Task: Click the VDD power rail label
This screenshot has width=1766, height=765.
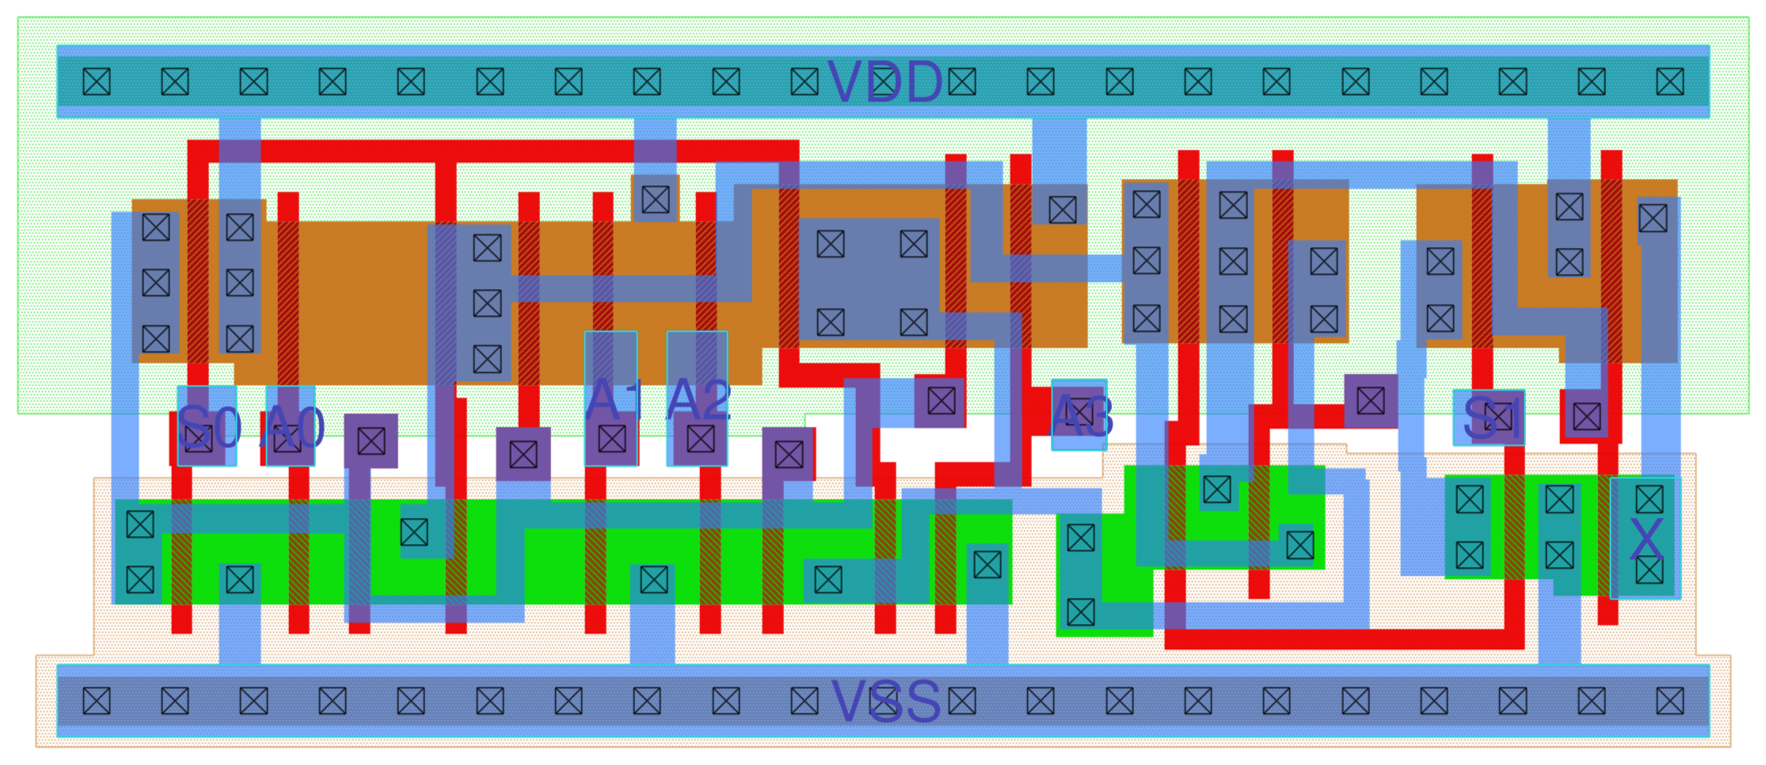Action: pyautogui.click(x=885, y=82)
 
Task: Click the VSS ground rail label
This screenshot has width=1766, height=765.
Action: pyautogui.click(x=885, y=702)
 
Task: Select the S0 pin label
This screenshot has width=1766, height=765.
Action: pyautogui.click(x=207, y=427)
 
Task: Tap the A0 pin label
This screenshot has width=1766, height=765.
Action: pyautogui.click(x=293, y=427)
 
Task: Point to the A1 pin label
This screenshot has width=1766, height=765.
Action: pyautogui.click(x=612, y=400)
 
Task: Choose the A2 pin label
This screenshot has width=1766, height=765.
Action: pyautogui.click(x=698, y=400)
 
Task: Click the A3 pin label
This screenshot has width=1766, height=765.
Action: pyautogui.click(x=1080, y=416)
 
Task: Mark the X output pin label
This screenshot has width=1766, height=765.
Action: pyautogui.click(x=1646, y=541)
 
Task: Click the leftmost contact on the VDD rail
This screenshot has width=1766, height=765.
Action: pyautogui.click(x=97, y=82)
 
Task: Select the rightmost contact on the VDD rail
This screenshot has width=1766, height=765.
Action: pyautogui.click(x=1670, y=82)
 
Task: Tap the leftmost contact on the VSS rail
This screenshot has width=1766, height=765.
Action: pyautogui.click(x=97, y=701)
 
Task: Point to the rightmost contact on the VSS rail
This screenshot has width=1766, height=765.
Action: pyautogui.click(x=1670, y=701)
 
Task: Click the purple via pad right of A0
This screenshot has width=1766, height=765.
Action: pyautogui.click(x=371, y=441)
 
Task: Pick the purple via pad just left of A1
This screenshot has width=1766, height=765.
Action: pyautogui.click(x=523, y=455)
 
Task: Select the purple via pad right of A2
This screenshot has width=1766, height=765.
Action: pyautogui.click(x=789, y=455)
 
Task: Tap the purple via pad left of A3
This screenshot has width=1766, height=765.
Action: pyautogui.click(x=941, y=402)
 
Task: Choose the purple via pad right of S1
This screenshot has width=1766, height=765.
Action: pyautogui.click(x=1587, y=417)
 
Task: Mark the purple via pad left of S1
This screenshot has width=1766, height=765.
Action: pyautogui.click(x=1370, y=402)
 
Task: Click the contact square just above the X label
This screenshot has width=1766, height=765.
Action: pyautogui.click(x=1650, y=500)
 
